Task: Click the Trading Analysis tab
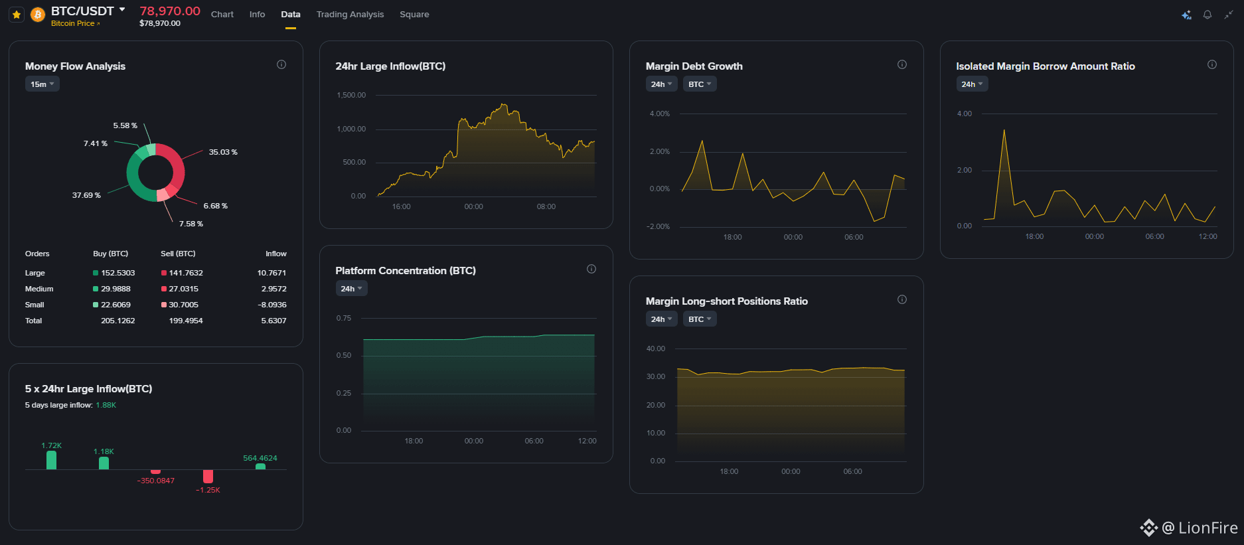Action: [x=350, y=14]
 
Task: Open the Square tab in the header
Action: [x=414, y=14]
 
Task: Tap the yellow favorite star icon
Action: [x=17, y=14]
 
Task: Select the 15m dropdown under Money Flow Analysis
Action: [x=42, y=84]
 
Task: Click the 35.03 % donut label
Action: [x=223, y=152]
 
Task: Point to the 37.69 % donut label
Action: [x=86, y=195]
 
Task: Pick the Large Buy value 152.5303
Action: [x=117, y=273]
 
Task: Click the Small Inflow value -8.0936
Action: [x=272, y=305]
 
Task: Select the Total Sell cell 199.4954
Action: [x=186, y=321]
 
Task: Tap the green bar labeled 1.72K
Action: [x=52, y=460]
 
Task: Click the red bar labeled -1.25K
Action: [x=208, y=476]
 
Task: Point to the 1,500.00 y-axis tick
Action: [x=351, y=95]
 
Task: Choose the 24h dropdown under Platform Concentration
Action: [x=352, y=289]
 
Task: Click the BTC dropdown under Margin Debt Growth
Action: [x=700, y=84]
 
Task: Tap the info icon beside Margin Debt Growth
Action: [x=902, y=64]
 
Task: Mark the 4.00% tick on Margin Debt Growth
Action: [x=660, y=114]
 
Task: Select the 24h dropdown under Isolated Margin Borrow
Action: [x=972, y=84]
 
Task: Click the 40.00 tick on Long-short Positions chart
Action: [x=656, y=349]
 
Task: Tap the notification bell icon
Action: [x=1207, y=15]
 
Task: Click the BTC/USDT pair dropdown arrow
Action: [x=122, y=9]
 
